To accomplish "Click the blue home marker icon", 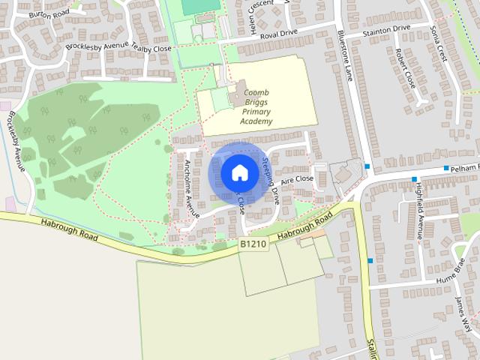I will tap(239, 172).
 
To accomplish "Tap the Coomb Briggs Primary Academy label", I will tap(257, 106).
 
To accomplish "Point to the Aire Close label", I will tap(296, 180).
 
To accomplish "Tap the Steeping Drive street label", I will tap(271, 180).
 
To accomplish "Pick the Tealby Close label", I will tap(153, 48).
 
